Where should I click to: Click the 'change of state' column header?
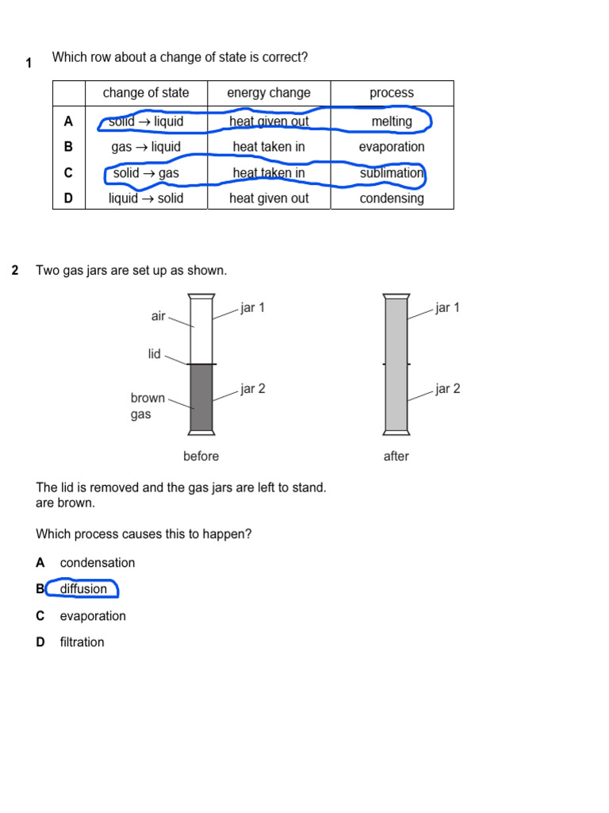coord(146,93)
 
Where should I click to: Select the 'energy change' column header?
coord(269,93)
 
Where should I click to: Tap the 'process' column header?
coord(392,93)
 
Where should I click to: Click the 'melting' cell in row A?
coord(392,121)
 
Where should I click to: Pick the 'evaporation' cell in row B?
coord(392,147)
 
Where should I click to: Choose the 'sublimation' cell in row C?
coord(392,173)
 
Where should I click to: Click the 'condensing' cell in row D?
coord(392,198)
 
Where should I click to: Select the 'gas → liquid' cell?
coord(146,147)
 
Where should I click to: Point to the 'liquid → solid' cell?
coord(146,198)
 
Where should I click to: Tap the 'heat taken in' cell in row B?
coord(269,147)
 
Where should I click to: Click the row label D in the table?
coord(68,198)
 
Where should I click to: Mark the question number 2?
coord(15,271)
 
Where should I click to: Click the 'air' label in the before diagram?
coord(159,316)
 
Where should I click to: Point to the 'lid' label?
coord(155,354)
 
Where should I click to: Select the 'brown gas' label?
coord(147,406)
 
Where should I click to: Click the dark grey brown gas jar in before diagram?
coord(201,397)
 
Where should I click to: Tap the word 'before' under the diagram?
coord(201,457)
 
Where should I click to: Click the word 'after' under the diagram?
coord(396,457)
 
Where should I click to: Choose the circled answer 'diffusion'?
coord(83,589)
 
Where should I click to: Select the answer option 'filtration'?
coord(82,642)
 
